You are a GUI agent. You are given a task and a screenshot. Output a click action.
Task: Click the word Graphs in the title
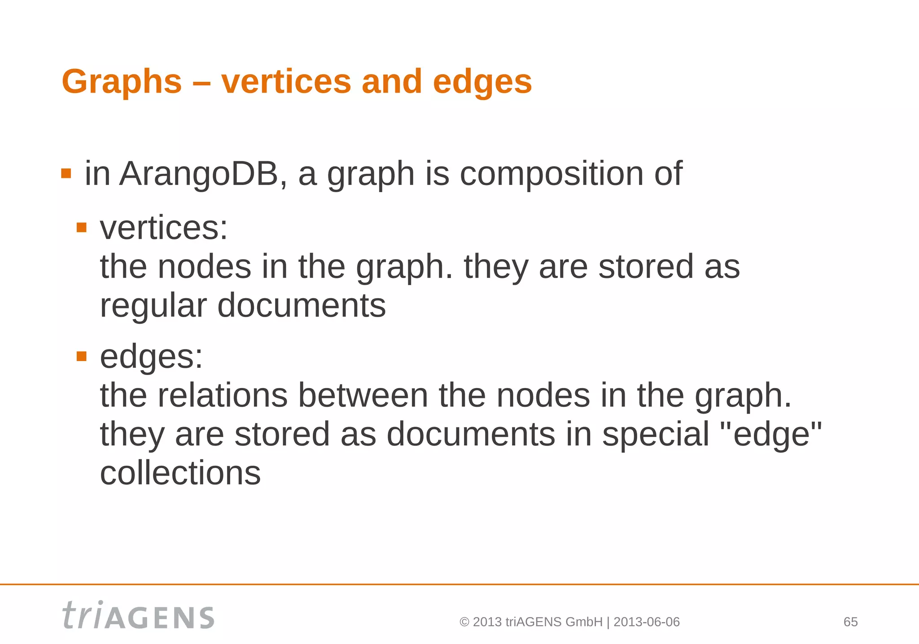122,82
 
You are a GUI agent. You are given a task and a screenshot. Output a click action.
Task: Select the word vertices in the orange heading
286,82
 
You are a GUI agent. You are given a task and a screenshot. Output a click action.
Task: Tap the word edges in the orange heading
482,82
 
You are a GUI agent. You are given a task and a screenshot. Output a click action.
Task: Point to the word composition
551,174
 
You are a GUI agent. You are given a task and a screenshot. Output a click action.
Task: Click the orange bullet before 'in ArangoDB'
66,173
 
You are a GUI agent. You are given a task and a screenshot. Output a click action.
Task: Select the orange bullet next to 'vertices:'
81,228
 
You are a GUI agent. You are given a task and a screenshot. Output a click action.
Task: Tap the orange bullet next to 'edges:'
81,357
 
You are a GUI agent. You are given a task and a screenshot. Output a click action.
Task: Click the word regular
153,306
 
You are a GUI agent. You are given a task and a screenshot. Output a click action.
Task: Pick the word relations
223,395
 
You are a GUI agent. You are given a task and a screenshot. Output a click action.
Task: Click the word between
363,395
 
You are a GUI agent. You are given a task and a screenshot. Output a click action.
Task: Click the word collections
180,473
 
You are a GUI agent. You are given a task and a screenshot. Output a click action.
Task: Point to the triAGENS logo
138,616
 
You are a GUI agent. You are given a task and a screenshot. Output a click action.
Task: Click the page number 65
850,622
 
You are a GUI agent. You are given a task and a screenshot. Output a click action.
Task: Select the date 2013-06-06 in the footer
646,622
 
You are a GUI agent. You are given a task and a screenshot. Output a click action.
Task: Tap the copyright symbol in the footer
464,622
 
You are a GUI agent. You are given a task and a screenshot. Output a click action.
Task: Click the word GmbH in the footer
584,622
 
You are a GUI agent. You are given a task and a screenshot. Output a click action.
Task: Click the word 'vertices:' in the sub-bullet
164,228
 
